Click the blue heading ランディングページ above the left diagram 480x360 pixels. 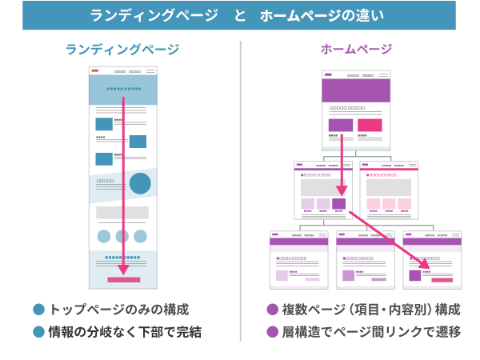[x=122, y=50]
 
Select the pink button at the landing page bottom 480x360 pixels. [x=123, y=280]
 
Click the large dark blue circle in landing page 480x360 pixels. [x=141, y=184]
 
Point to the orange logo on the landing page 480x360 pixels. [x=95, y=71]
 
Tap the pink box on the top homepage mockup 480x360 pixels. [x=369, y=125]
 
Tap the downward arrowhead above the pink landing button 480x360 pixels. [x=123, y=270]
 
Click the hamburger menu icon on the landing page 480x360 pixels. [x=150, y=71]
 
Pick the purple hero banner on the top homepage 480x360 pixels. [x=355, y=90]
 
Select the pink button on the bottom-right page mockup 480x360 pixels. [x=442, y=280]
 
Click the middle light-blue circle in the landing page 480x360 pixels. [x=122, y=236]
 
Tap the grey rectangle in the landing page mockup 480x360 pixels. [x=122, y=213]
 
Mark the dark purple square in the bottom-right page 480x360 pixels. [x=414, y=275]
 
